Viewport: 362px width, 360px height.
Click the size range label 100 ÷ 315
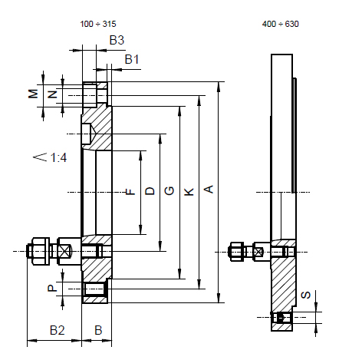[x=98, y=24]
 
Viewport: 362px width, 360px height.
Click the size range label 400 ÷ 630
[x=281, y=24]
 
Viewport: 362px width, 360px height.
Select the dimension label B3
[x=117, y=40]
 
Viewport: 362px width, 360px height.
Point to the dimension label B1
[x=132, y=59]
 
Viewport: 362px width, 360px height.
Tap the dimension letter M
[x=33, y=94]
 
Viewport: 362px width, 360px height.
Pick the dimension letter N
[x=53, y=94]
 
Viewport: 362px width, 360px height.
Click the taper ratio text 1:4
[x=58, y=157]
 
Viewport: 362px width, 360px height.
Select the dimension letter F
[x=130, y=192]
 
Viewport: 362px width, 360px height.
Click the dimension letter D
[x=150, y=191]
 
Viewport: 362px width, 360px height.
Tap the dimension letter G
[x=169, y=191]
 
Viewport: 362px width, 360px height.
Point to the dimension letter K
[x=189, y=192]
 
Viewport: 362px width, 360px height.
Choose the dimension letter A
[x=209, y=190]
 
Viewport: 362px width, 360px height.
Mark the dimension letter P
[x=52, y=289]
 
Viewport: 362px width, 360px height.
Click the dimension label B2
[x=58, y=330]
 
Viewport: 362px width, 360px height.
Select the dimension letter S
[x=306, y=295]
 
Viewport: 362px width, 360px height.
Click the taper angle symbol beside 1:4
[x=40, y=157]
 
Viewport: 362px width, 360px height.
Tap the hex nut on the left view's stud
[x=41, y=251]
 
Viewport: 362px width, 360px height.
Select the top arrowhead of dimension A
[x=219, y=87]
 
